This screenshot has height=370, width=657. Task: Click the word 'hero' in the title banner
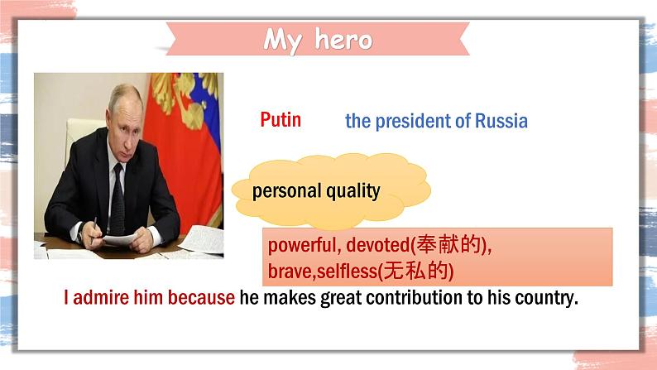[x=343, y=40]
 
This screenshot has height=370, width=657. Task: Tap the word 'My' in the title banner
[x=283, y=41]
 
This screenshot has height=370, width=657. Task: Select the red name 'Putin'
[x=281, y=120]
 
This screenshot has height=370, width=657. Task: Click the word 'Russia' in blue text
[x=501, y=121]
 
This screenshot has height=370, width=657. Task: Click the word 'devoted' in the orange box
[x=377, y=245]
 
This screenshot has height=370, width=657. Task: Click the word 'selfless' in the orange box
[x=347, y=271]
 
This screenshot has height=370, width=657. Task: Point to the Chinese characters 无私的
[x=415, y=271]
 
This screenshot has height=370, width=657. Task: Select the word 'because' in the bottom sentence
[x=201, y=297]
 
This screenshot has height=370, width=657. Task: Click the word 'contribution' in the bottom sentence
[x=414, y=298]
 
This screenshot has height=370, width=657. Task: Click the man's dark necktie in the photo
[x=117, y=199]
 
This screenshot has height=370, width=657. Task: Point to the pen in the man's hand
[x=94, y=229]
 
